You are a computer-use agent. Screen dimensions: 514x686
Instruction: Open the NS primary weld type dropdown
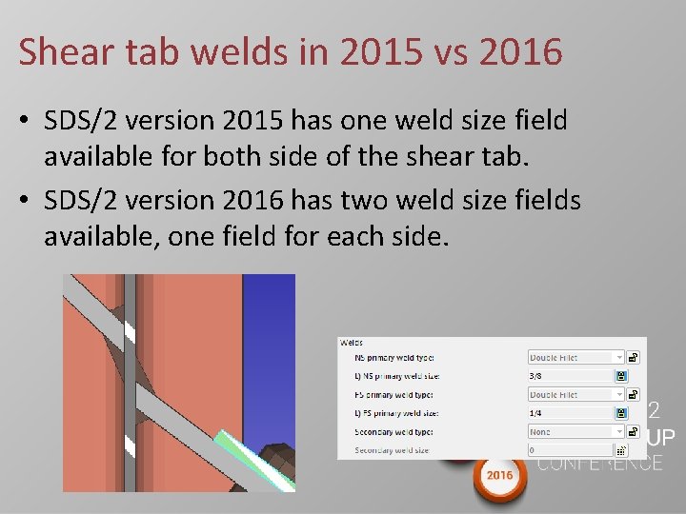click(576, 358)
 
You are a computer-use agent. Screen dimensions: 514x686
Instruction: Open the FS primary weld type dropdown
click(576, 394)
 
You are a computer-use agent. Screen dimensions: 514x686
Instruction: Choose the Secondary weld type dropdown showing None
click(576, 431)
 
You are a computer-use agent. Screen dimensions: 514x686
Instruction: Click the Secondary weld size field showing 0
click(570, 449)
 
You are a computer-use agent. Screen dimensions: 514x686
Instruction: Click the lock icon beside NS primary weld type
click(634, 358)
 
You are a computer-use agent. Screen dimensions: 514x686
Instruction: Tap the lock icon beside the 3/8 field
click(620, 376)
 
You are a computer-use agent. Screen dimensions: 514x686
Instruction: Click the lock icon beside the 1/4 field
click(620, 413)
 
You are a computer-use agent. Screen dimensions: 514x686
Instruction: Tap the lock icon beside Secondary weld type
click(634, 431)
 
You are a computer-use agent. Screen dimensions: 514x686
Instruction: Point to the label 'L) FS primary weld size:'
click(396, 413)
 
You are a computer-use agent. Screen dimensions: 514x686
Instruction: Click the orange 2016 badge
click(498, 473)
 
